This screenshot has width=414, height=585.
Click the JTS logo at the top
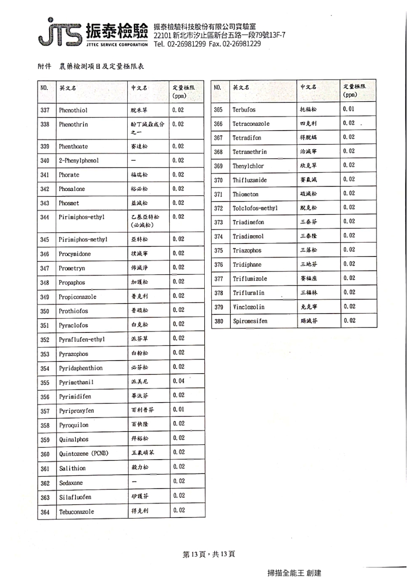59,33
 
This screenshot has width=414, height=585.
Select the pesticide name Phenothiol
73,109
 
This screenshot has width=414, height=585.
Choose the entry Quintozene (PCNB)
83,453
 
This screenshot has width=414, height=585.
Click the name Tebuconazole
76,511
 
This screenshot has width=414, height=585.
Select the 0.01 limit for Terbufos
349,108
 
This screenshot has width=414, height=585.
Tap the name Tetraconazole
251,123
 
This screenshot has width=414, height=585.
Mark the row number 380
218,321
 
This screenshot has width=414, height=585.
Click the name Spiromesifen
250,321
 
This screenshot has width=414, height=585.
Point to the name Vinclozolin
248,306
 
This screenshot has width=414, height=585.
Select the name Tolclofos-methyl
255,208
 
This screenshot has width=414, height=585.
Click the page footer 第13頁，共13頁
209,554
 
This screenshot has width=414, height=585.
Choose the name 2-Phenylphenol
79,160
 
